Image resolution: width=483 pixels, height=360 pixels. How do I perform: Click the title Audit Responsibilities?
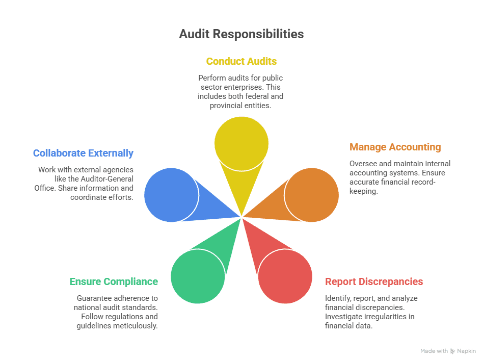click(x=241, y=34)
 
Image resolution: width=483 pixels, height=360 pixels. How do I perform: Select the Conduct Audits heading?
click(x=241, y=62)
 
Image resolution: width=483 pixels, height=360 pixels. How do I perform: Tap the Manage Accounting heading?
click(x=395, y=147)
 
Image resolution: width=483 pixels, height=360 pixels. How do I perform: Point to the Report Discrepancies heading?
click(x=374, y=282)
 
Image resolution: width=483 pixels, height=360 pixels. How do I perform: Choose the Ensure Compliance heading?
click(x=114, y=282)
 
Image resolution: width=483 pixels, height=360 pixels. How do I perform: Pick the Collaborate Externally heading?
click(x=83, y=153)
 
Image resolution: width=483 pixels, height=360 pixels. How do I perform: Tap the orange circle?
click(x=311, y=195)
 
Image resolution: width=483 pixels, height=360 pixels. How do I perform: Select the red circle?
click(x=285, y=276)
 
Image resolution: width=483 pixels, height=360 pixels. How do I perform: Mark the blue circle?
click(x=171, y=195)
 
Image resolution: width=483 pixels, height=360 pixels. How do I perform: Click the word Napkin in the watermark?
click(x=467, y=351)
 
